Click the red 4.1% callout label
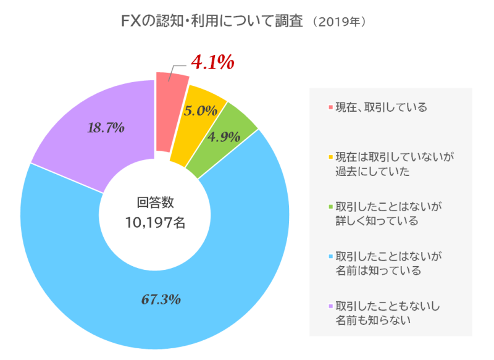point(212,62)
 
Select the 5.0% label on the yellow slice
point(201,111)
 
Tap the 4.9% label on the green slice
point(224,137)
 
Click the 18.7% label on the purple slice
point(106,128)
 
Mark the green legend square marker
point(331,205)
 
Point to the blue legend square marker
point(331,255)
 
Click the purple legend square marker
point(331,305)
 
